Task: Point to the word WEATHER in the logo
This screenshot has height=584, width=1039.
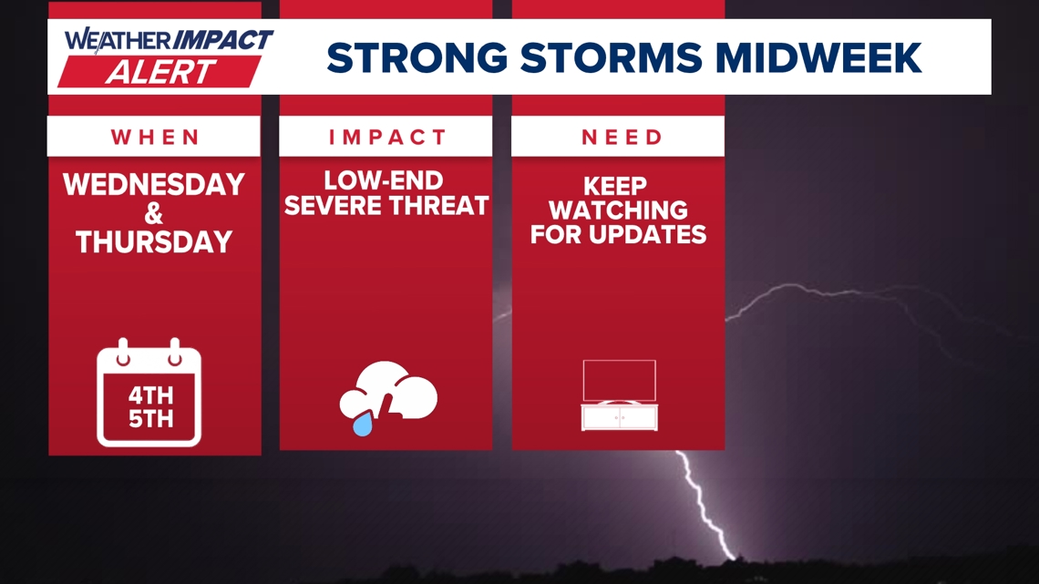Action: [x=117, y=40]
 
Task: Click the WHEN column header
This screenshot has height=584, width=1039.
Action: [x=155, y=137]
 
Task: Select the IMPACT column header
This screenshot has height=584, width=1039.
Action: [x=386, y=137]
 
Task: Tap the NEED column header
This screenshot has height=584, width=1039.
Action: [x=622, y=137]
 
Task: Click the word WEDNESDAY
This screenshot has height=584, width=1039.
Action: [x=154, y=185]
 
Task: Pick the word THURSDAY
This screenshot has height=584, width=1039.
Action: [x=154, y=242]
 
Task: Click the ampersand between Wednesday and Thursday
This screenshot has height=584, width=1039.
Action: [x=154, y=213]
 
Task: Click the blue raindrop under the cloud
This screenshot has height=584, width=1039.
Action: [x=363, y=424]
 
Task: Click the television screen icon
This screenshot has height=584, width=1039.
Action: [x=619, y=380]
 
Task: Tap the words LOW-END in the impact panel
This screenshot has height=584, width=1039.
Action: [x=383, y=180]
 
